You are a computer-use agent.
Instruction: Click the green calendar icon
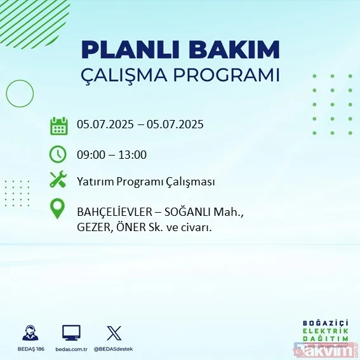click(58, 126)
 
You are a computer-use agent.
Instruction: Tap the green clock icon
click(58, 154)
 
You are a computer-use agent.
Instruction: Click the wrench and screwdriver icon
click(58, 180)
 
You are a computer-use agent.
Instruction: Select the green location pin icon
click(58, 210)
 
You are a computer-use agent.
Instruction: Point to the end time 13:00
click(133, 154)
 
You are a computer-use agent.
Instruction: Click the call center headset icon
click(30, 333)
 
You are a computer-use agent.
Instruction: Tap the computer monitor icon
click(71, 332)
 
